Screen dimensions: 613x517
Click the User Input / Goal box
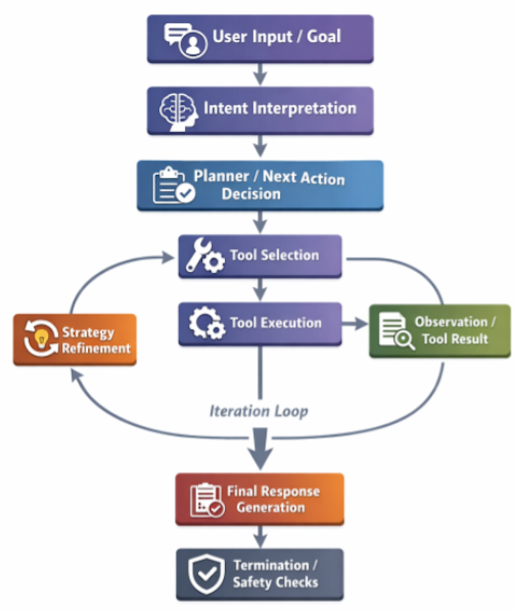[x=260, y=39]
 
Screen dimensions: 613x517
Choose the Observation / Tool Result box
[x=440, y=331]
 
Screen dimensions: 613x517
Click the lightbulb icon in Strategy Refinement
[x=41, y=339]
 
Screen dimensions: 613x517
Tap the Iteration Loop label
[x=258, y=411]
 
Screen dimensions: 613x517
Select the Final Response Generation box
[x=260, y=499]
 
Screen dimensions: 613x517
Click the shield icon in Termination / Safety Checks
[x=206, y=573]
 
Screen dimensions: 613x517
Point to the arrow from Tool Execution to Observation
[x=355, y=324]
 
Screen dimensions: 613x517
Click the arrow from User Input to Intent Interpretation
[x=260, y=75]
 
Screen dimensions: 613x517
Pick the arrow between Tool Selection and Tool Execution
[x=260, y=289]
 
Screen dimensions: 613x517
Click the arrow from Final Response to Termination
[x=260, y=536]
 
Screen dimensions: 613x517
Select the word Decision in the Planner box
[x=251, y=194]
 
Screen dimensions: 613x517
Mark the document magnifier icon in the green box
[x=396, y=331]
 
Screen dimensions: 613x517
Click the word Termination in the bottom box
[x=271, y=565]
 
